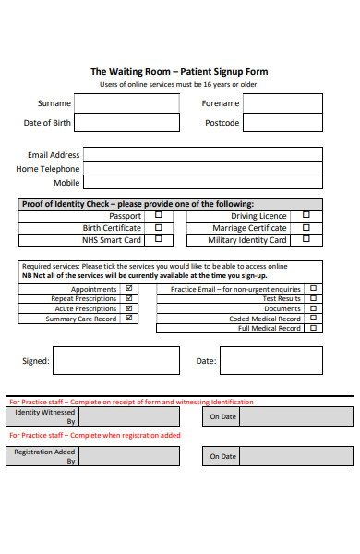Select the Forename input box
click(x=282, y=102)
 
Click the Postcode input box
click(x=282, y=123)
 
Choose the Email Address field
click(x=202, y=155)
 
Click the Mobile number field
click(x=202, y=183)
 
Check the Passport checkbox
click(x=158, y=215)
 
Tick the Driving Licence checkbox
click(x=306, y=215)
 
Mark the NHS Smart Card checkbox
click(x=158, y=239)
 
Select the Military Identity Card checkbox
click(x=306, y=240)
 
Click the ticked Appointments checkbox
click(x=128, y=289)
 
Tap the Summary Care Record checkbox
click(x=128, y=319)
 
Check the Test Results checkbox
click(x=313, y=298)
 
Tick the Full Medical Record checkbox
click(x=313, y=328)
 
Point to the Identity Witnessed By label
click(x=42, y=416)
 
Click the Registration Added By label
click(x=42, y=456)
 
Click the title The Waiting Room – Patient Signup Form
click(x=179, y=71)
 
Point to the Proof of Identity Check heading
click(x=137, y=203)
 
